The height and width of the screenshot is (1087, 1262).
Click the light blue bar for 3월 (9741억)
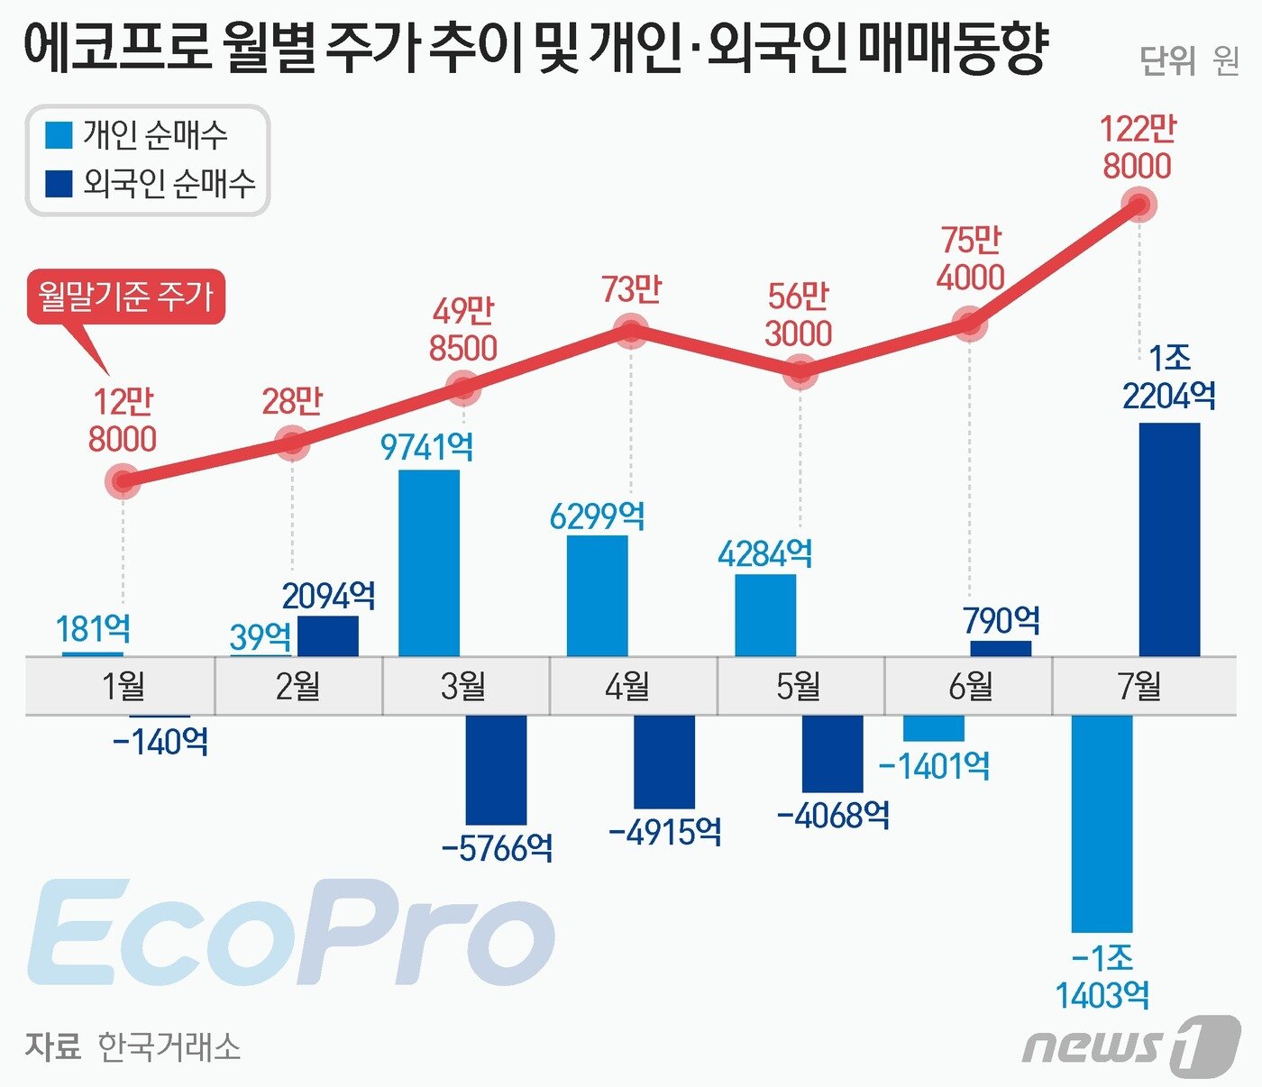pyautogui.click(x=429, y=562)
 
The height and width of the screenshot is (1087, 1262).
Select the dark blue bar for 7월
pyautogui.click(x=1169, y=539)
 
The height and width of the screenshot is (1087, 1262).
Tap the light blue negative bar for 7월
pyautogui.click(x=1102, y=823)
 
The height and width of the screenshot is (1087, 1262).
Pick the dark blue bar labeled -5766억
pyautogui.click(x=496, y=769)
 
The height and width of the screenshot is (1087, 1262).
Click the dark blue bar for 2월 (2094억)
pyautogui.click(x=328, y=635)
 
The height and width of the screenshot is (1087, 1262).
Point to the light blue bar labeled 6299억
pyautogui.click(x=597, y=596)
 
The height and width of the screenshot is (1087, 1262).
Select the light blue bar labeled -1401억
pyautogui.click(x=934, y=728)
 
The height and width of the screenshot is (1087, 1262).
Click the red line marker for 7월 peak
pyautogui.click(x=1139, y=206)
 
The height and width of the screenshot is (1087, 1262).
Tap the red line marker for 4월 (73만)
pyautogui.click(x=630, y=331)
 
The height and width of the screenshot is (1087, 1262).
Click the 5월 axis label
pyautogui.click(x=799, y=687)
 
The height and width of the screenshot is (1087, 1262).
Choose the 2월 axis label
pyautogui.click(x=297, y=687)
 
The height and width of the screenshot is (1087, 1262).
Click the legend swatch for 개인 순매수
pyautogui.click(x=59, y=135)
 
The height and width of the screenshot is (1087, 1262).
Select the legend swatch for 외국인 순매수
pyautogui.click(x=59, y=184)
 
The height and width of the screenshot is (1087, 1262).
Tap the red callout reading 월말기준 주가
pyautogui.click(x=125, y=297)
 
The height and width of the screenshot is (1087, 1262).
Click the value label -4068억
pyautogui.click(x=833, y=816)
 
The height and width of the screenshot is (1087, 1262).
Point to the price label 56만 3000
pyautogui.click(x=798, y=315)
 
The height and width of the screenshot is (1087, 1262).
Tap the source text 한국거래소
pyautogui.click(x=169, y=1047)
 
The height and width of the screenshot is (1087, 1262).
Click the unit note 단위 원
pyautogui.click(x=1189, y=60)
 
